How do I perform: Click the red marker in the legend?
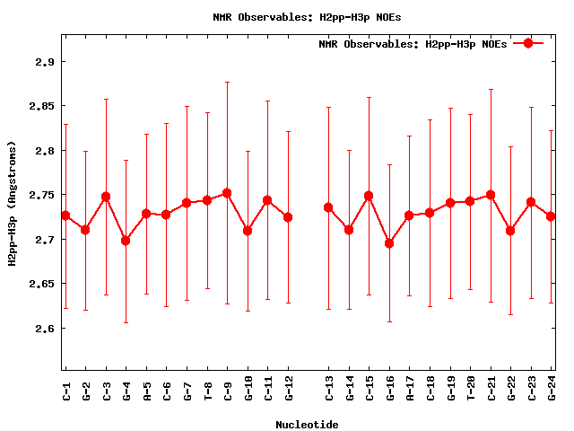click(x=528, y=43)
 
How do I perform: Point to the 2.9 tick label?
click(x=43, y=62)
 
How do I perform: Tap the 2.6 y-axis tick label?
click(x=43, y=329)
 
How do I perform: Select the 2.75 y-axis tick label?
click(x=40, y=195)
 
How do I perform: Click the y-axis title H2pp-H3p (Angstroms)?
click(x=13, y=203)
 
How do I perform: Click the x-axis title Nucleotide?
click(x=307, y=425)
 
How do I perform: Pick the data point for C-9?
click(x=227, y=193)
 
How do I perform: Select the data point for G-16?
click(x=389, y=243)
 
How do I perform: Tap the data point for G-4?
click(x=126, y=241)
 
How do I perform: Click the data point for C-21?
click(x=491, y=195)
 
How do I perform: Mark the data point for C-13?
click(x=328, y=207)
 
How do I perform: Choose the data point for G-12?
click(x=288, y=217)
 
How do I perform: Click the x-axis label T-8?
click(x=207, y=388)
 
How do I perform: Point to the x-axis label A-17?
click(x=410, y=388)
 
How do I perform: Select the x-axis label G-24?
click(x=552, y=388)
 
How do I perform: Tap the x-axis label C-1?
click(x=65, y=388)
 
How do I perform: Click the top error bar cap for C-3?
click(x=106, y=99)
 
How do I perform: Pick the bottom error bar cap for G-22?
click(x=510, y=314)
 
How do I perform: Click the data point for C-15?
click(x=369, y=196)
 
